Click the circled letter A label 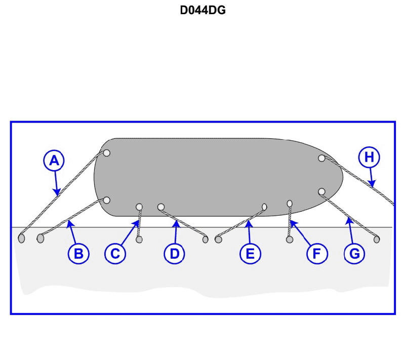54,161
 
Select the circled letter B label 78,253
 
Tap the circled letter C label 115,253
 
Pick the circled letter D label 175,253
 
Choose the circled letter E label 250,253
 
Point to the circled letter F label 317,253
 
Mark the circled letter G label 354,253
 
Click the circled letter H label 369,157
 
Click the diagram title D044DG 203,10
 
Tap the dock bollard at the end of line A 21,238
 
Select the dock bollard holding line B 40,238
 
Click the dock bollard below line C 139,239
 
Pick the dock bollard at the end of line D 206,239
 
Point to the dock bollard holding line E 218,239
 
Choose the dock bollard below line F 290,239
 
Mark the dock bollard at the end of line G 377,239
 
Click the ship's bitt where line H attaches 321,158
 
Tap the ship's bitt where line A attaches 106,153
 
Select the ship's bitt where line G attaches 321,191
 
